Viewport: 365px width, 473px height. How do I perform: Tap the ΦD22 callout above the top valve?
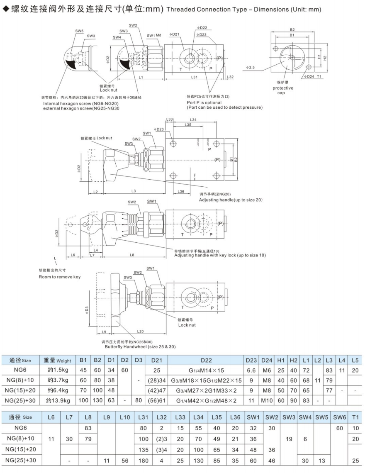pyautogui.click(x=202, y=28)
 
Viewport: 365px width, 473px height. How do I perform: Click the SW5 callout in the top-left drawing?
pyautogui.click(x=79, y=31)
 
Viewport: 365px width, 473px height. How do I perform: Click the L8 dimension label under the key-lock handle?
pyautogui.click(x=131, y=254)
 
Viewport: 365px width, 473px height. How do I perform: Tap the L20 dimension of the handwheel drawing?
pyautogui.click(x=140, y=332)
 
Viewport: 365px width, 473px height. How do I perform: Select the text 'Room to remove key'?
pyautogui.click(x=60, y=277)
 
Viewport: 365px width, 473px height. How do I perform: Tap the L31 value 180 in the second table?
pyautogui.click(x=143, y=460)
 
